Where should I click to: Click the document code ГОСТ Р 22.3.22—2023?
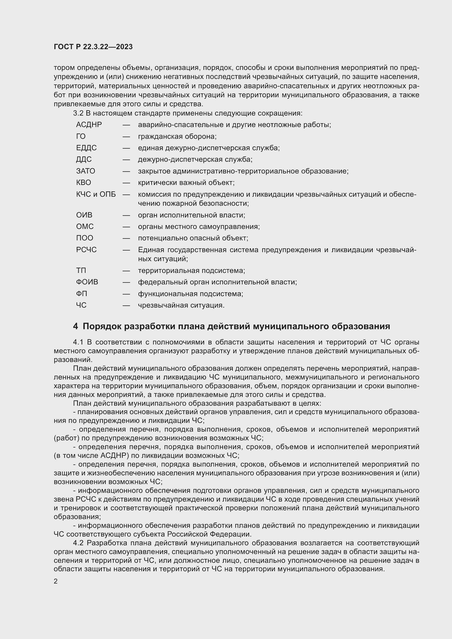(93, 47)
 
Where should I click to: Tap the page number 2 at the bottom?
(56, 581)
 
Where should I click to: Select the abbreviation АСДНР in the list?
(89, 125)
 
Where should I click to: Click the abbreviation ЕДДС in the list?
(86, 148)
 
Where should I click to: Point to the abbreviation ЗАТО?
(86, 171)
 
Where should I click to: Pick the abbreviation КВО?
(84, 182)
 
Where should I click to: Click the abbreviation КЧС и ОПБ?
(96, 194)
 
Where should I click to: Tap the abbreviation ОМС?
(85, 226)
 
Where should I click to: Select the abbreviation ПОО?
(85, 238)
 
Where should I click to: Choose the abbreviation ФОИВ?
(87, 282)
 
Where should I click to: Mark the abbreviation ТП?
(81, 270)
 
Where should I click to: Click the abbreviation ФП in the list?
(81, 294)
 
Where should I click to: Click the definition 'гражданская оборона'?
(177, 136)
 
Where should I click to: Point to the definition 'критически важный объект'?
(186, 182)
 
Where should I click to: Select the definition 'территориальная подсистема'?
(192, 270)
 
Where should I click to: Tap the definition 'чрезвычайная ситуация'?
(181, 306)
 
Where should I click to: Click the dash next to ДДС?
(126, 160)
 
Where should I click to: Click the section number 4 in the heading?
(75, 326)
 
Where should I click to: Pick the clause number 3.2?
(78, 113)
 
